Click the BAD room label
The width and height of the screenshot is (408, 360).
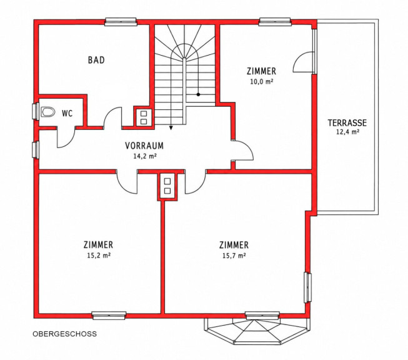96,60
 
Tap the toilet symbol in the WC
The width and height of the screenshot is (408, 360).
48,112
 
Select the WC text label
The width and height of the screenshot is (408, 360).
67,114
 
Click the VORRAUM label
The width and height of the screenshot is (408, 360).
144,146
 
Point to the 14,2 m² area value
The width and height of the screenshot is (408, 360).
145,156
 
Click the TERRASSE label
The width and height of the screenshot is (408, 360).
347,122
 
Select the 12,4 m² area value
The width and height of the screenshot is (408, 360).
347,132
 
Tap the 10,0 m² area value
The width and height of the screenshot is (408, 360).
262,81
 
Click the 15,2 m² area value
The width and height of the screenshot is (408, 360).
99,256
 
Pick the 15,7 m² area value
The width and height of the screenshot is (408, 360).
234,256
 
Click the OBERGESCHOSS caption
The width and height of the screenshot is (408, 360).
64,334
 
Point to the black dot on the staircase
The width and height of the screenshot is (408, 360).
198,94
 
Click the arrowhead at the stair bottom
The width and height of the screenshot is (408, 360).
171,127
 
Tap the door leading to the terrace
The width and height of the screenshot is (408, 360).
303,62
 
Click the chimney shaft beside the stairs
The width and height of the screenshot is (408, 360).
144,117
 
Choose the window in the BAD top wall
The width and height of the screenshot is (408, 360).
121,22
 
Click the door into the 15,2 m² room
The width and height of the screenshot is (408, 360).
127,182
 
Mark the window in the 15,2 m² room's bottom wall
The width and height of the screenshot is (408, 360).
109,315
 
